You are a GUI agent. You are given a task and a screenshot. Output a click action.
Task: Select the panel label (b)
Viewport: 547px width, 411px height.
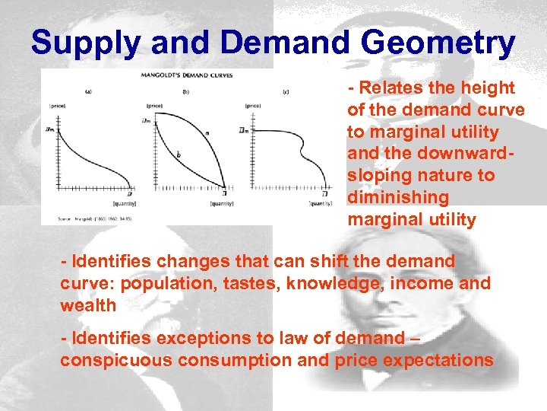[x=186, y=92]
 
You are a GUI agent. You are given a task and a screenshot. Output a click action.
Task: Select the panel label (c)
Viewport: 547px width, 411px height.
[x=285, y=92]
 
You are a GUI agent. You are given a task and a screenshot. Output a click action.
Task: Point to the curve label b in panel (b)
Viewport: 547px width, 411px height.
[x=178, y=155]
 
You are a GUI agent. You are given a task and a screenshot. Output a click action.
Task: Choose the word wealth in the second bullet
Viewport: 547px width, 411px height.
[x=88, y=305]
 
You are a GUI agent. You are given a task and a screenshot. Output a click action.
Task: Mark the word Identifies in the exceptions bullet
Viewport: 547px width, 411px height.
[x=112, y=338]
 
